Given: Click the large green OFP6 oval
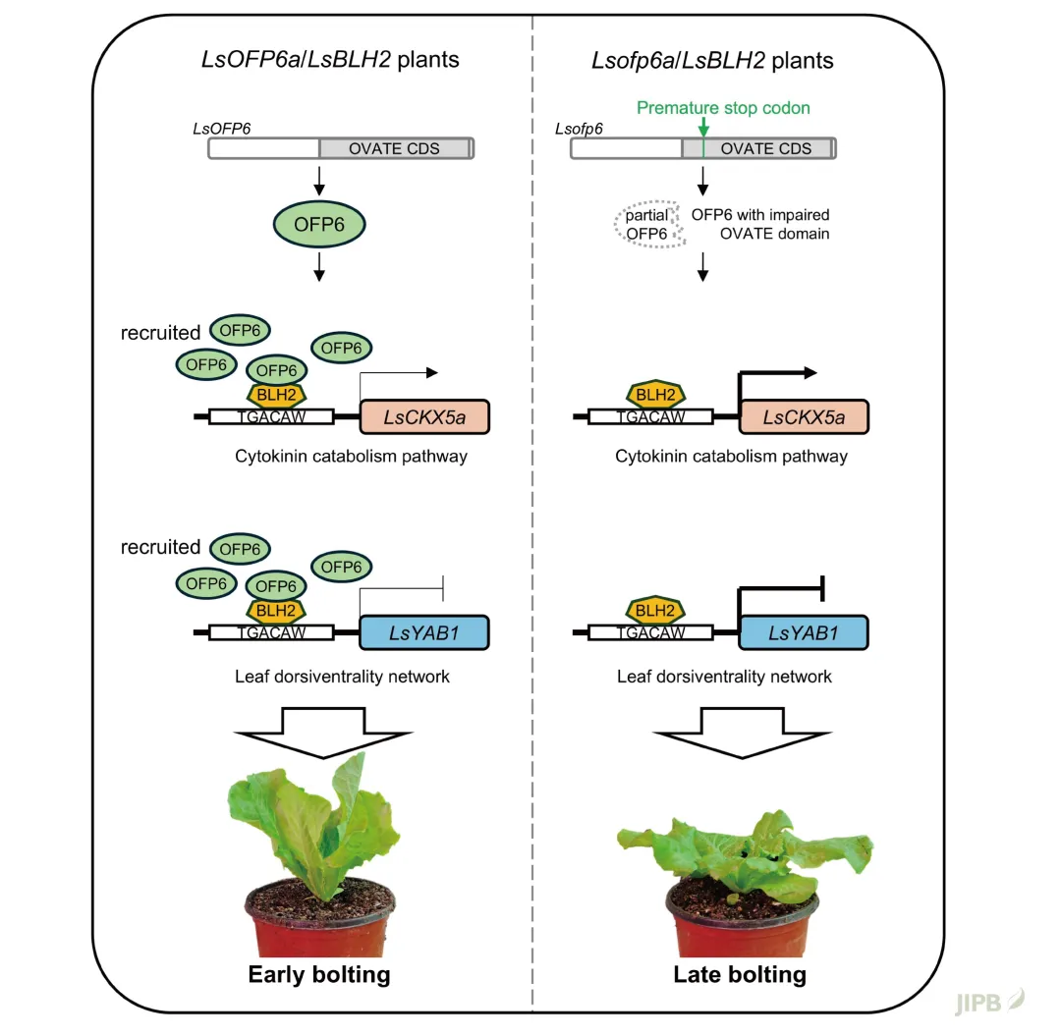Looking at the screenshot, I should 318,225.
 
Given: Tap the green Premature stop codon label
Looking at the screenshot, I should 723,108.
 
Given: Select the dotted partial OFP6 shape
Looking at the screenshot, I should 646,225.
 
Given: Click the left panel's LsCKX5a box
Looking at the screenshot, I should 425,416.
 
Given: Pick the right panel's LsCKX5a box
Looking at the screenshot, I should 805,416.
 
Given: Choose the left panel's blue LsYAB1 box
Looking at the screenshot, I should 425,632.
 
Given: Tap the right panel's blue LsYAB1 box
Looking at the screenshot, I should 804,632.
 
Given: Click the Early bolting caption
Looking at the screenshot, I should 318,974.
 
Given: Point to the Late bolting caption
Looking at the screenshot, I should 740,974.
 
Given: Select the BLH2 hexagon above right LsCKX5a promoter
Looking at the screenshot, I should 656,395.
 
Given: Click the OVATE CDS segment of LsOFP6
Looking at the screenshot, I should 395,149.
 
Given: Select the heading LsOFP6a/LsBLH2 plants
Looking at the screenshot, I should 330,60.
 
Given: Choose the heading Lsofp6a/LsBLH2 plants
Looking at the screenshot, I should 712,60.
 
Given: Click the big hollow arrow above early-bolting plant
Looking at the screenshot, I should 318,731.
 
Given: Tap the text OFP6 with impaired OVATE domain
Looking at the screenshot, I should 760,225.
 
